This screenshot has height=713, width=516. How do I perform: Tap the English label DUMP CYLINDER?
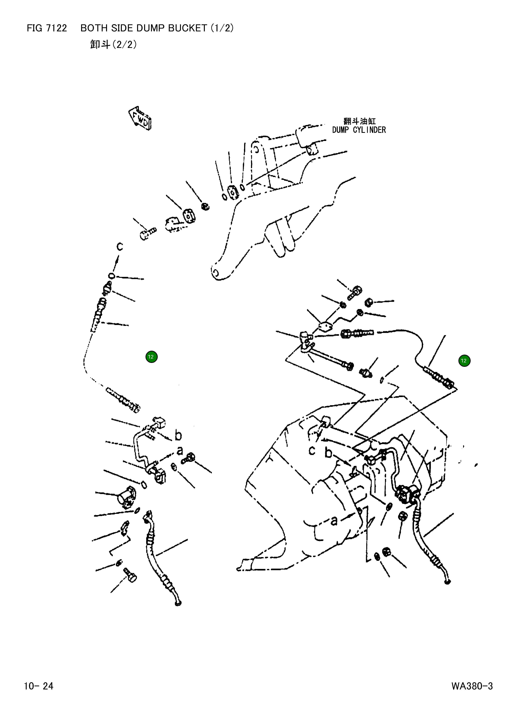tap(359, 130)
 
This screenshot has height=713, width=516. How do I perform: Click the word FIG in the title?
tap(34, 28)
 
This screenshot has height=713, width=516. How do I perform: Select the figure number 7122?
tap(57, 28)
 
